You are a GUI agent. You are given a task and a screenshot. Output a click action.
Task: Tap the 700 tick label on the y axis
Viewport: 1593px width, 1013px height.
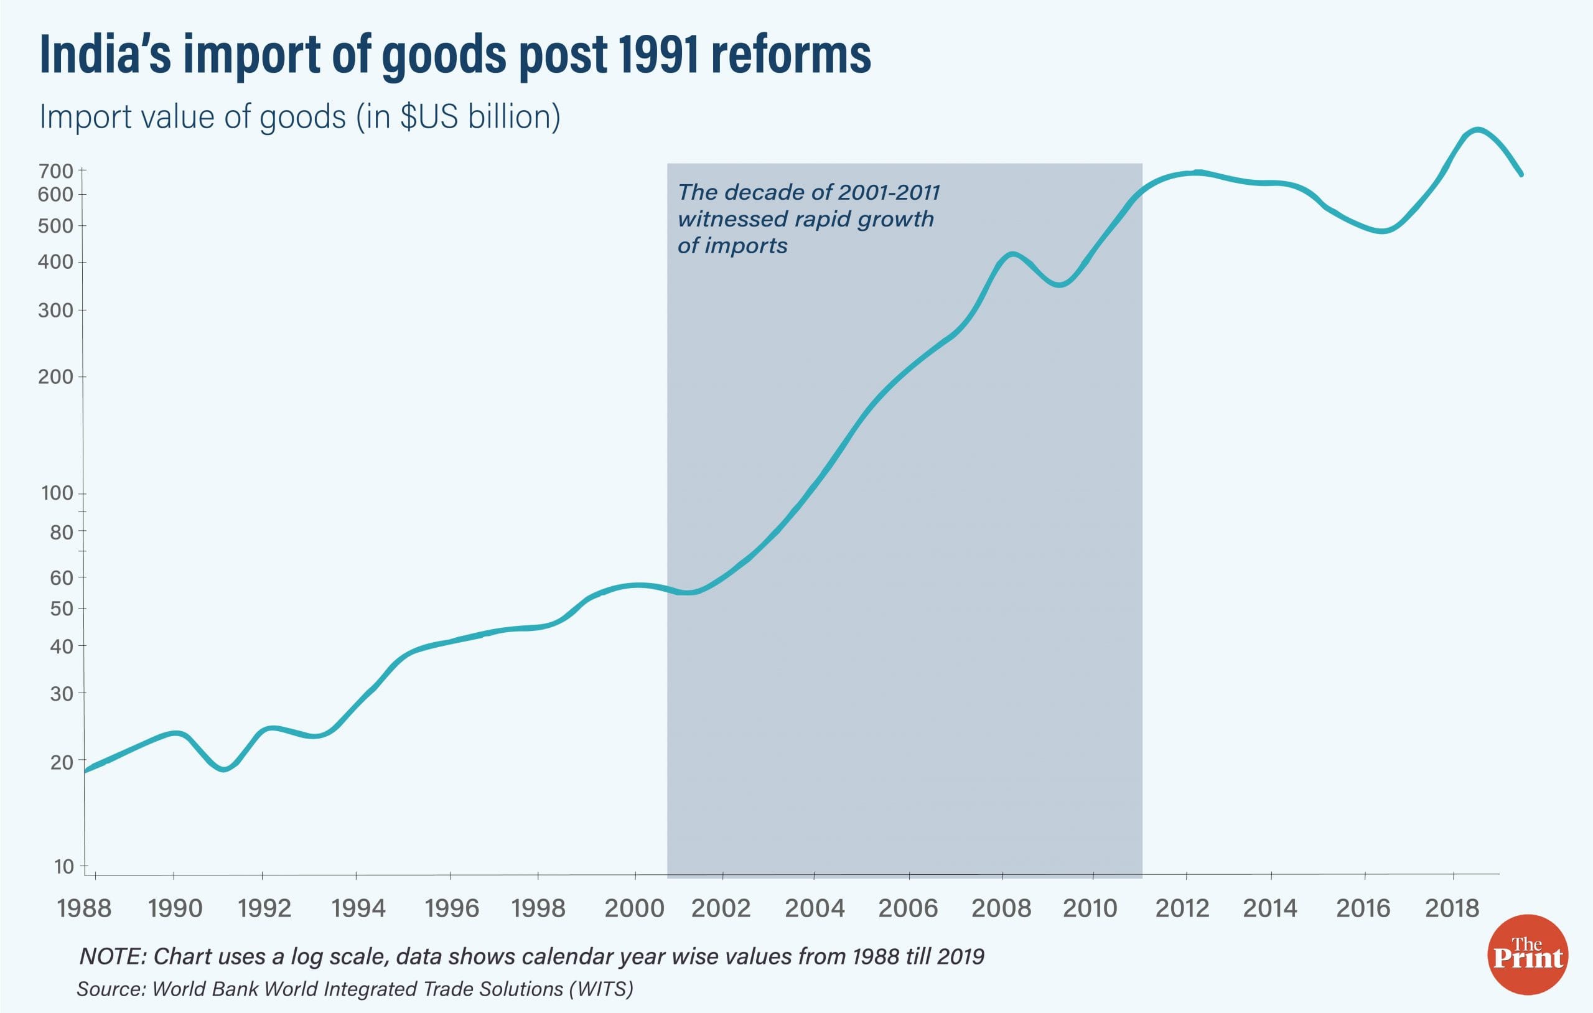click(x=56, y=171)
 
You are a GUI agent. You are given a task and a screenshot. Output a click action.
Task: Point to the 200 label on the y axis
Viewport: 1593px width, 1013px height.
click(x=56, y=377)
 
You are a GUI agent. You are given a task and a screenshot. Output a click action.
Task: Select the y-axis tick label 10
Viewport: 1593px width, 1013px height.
click(x=63, y=866)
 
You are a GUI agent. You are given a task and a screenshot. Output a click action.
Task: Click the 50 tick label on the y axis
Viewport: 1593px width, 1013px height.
click(x=62, y=609)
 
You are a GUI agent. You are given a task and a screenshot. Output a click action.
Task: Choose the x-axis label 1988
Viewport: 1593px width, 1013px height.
click(x=84, y=908)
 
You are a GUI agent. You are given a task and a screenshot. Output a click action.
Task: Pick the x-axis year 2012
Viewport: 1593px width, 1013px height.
click(x=1182, y=908)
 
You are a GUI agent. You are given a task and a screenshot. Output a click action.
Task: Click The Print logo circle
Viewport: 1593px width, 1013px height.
click(x=1528, y=954)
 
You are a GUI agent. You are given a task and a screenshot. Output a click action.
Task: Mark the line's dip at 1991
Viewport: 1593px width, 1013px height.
click(x=223, y=769)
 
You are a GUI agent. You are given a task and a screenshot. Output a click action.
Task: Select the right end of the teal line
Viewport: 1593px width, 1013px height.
click(x=1521, y=174)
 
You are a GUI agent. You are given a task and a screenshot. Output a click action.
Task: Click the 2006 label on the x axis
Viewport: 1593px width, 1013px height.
click(x=908, y=908)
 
